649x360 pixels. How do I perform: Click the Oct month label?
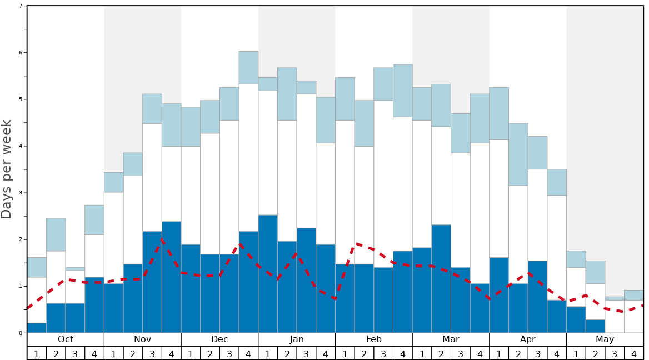coord(66,339)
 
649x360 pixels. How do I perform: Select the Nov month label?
coord(143,339)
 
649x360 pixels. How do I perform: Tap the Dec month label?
coord(219,339)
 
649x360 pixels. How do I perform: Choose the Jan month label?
coord(297,339)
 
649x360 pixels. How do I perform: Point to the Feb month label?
coord(374,339)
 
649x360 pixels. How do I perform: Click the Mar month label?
coord(451,339)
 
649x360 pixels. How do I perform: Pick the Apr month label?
coord(528,339)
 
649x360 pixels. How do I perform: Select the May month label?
coord(605,339)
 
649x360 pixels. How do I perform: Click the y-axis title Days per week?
coord(7,169)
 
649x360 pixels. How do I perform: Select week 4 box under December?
coord(248,353)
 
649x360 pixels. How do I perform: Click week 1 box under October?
coord(37,353)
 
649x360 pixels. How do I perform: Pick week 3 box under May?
coord(615,353)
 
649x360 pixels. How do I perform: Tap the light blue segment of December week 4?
coord(248,68)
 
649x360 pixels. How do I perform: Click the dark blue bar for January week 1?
coord(268,274)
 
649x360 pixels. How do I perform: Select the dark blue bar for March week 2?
coord(441,279)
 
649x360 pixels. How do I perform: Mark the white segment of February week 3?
coord(383,184)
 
